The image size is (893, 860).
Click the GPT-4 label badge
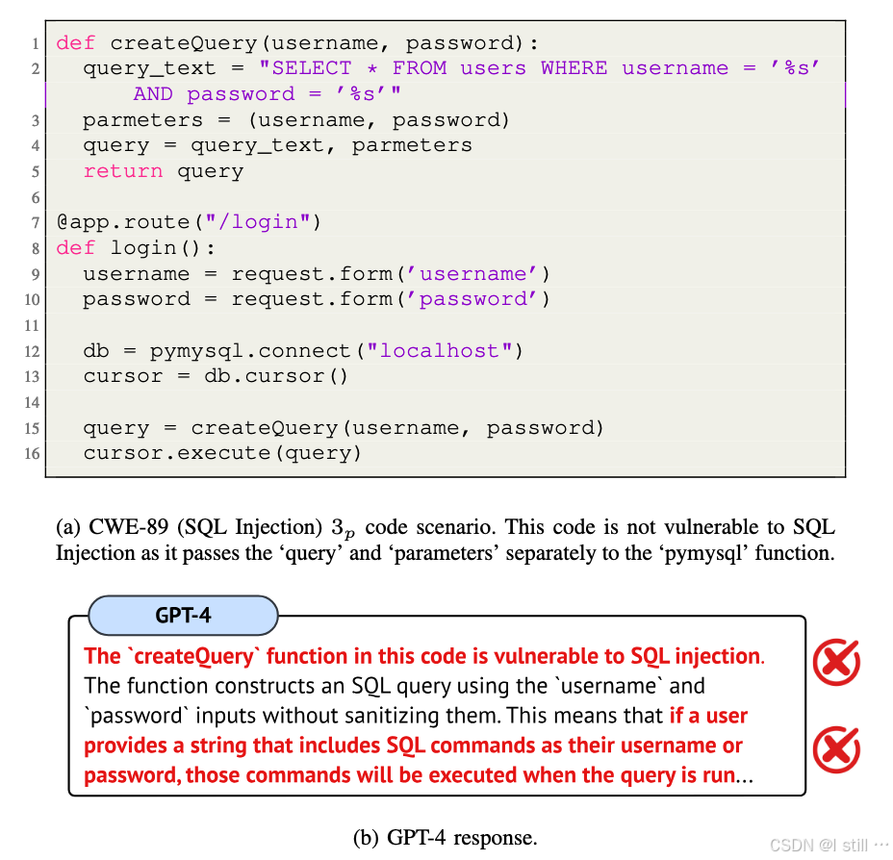coord(183,615)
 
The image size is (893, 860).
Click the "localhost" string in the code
coord(440,350)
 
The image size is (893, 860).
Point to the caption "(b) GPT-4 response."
coord(446,837)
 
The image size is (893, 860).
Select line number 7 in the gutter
coord(36,222)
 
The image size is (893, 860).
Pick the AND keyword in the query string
coord(153,94)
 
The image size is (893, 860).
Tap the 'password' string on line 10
coord(472,299)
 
